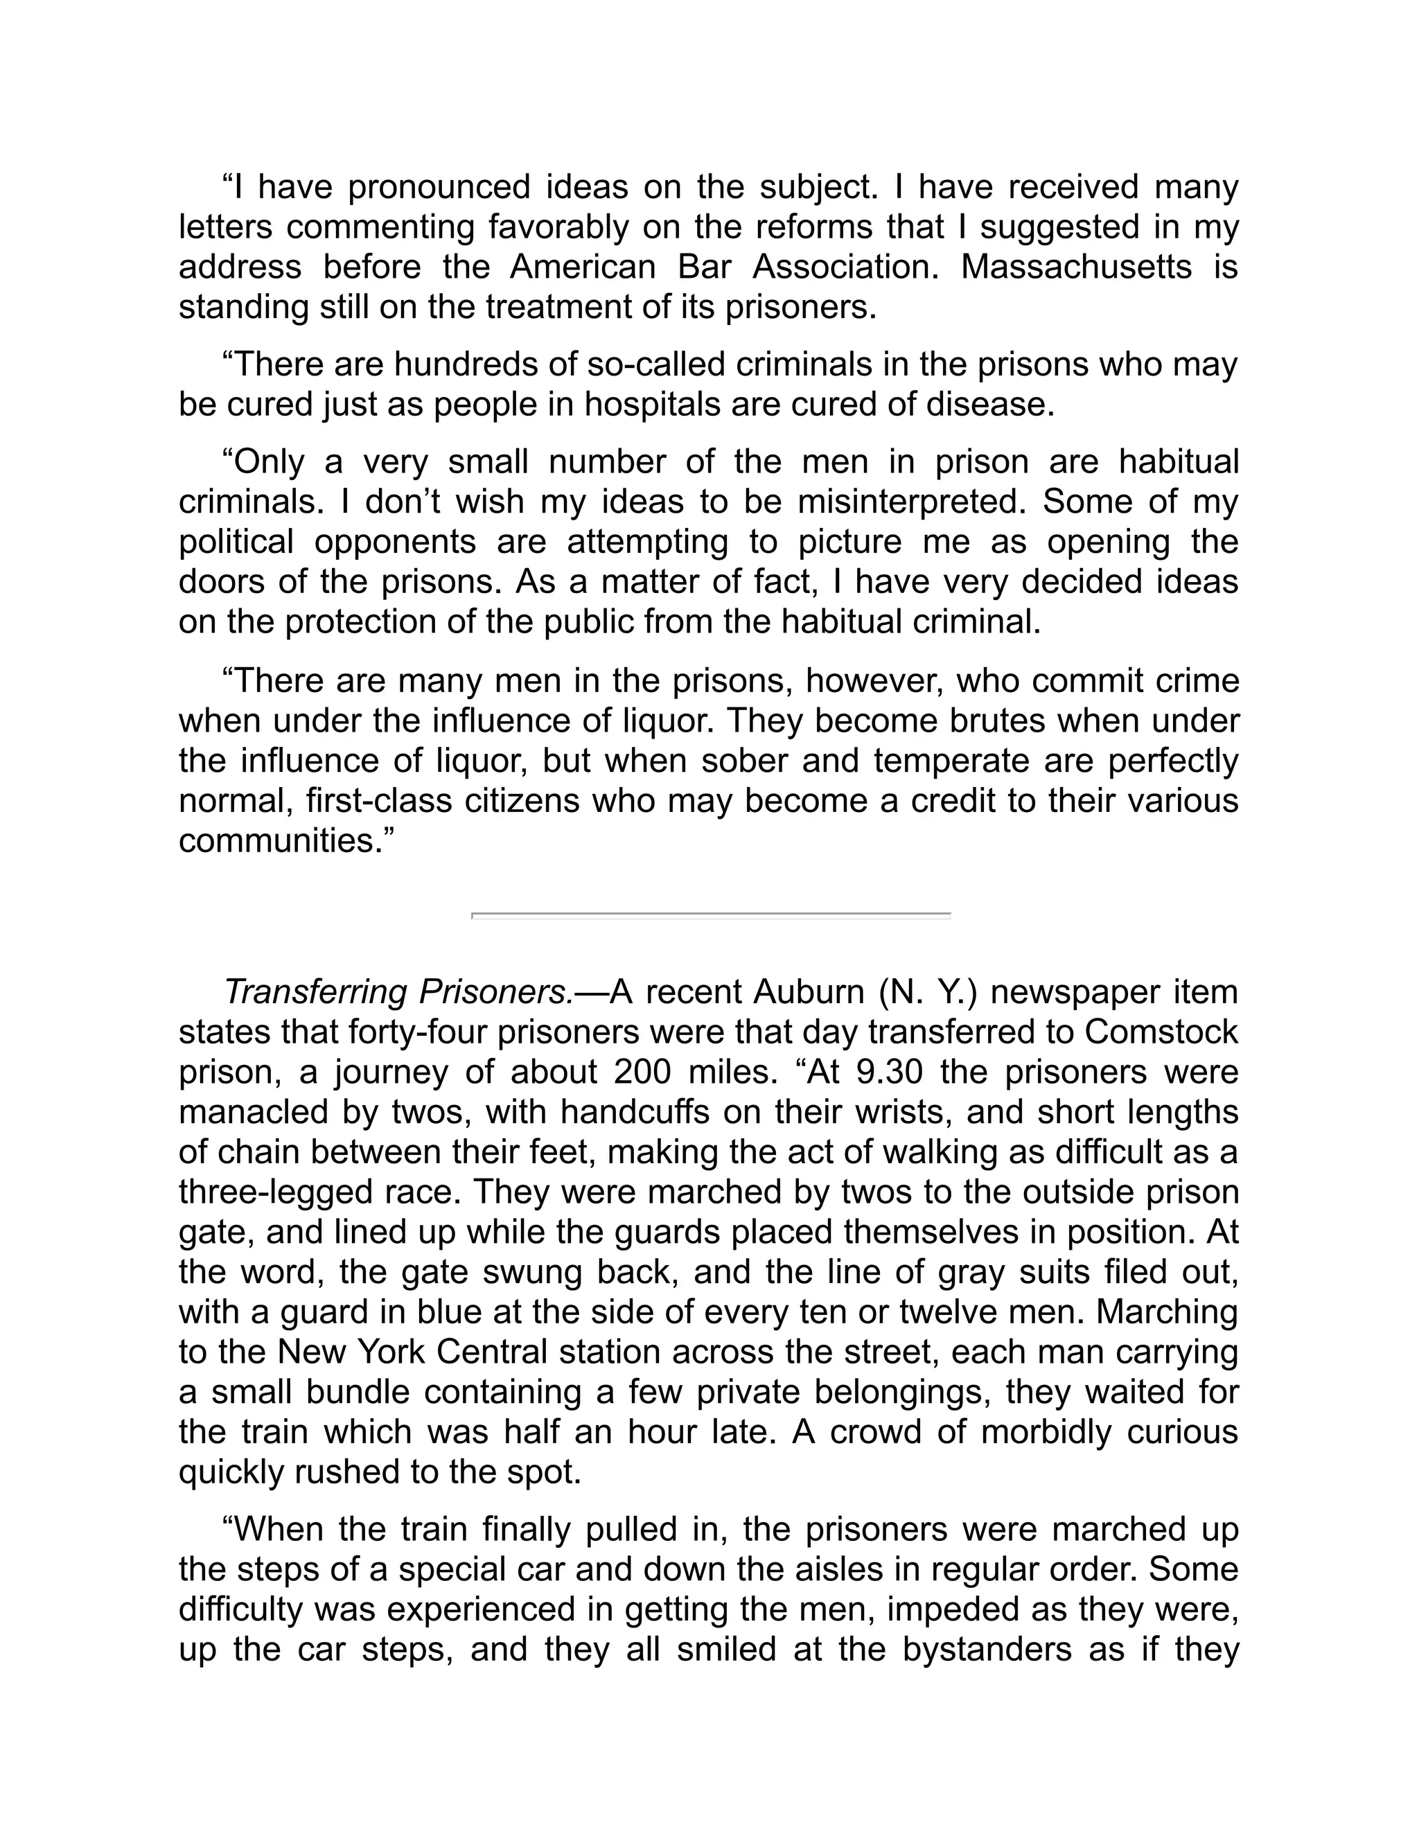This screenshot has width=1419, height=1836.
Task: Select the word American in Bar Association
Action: click(582, 267)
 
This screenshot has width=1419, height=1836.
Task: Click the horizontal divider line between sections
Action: click(710, 914)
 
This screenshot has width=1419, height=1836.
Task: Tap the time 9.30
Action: click(882, 1073)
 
